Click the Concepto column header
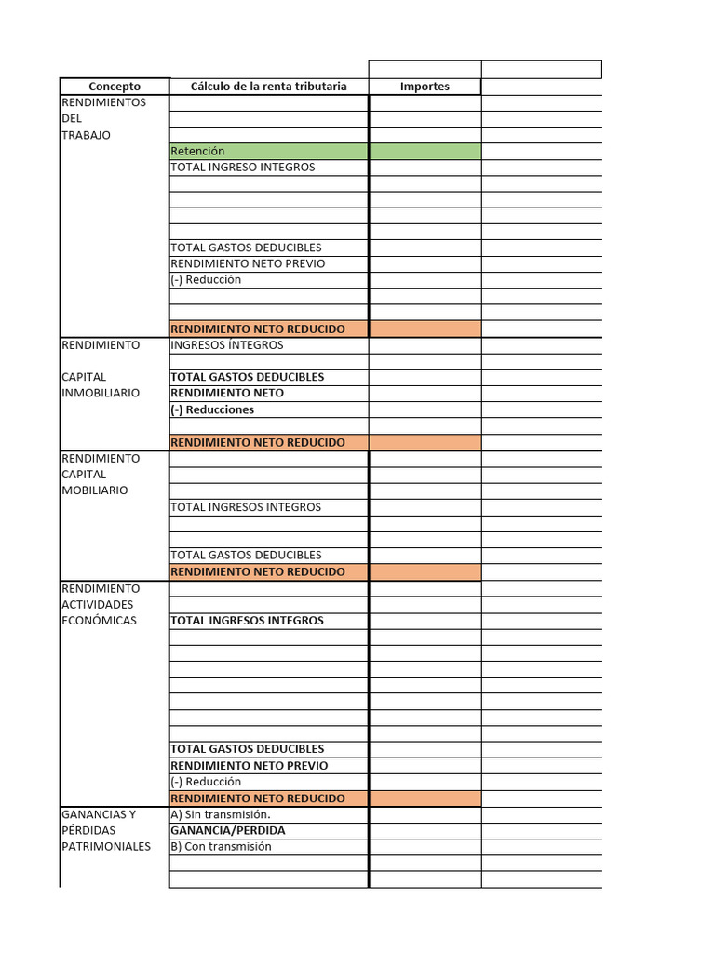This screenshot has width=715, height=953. point(115,87)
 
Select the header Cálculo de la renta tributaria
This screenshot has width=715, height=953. point(268,87)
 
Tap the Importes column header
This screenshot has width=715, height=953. point(425,87)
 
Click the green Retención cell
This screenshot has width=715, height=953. point(197,151)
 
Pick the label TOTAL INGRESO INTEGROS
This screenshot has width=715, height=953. point(242,168)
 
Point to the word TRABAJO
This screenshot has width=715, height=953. point(86,135)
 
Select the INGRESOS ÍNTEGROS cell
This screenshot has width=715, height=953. point(226,345)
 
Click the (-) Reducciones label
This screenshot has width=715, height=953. point(212,409)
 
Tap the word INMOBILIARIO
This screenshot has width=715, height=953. point(101,393)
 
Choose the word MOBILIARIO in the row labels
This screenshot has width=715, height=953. point(94,490)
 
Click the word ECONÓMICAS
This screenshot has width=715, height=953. point(99,621)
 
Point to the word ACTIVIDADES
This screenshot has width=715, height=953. point(98,605)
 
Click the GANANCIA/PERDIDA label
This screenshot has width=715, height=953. point(227,830)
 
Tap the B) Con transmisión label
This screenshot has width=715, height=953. point(221,847)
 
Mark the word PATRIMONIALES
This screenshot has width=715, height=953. point(105,847)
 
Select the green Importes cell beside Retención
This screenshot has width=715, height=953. point(425,151)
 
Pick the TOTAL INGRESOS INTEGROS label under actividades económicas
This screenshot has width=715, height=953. point(247,621)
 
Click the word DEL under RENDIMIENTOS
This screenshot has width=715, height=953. point(72,119)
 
